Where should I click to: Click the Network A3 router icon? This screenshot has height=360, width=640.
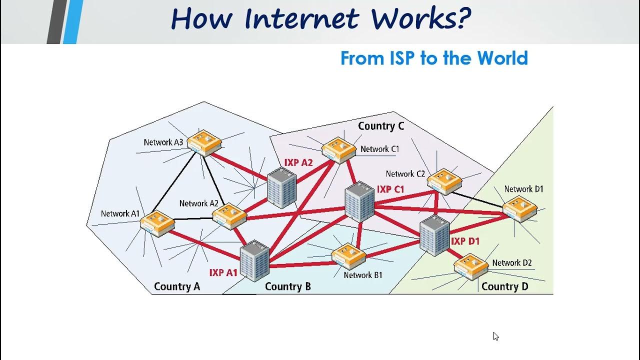pyautogui.click(x=204, y=143)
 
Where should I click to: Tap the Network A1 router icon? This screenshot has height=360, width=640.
pyautogui.click(x=157, y=223)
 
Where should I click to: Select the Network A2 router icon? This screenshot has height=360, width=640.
pyautogui.click(x=229, y=216)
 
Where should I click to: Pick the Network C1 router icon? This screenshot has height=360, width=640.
pyautogui.click(x=339, y=149)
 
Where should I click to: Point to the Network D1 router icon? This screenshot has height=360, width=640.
pyautogui.click(x=519, y=209)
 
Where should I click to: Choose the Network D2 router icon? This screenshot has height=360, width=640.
pyautogui.click(x=471, y=266)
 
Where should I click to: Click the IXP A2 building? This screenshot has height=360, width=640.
pyautogui.click(x=282, y=188)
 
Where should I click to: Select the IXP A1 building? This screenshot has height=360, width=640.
pyautogui.click(x=255, y=261)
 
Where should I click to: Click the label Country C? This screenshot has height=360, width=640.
pyautogui.click(x=381, y=126)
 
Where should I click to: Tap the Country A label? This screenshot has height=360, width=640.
pyautogui.click(x=177, y=286)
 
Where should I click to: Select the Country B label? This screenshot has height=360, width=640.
pyautogui.click(x=288, y=286)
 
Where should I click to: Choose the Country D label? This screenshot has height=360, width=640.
pyautogui.click(x=504, y=286)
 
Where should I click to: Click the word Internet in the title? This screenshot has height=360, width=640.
pyautogui.click(x=301, y=19)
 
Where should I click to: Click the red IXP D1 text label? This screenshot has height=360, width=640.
pyautogui.click(x=465, y=241)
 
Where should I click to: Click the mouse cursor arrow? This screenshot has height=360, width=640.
pyautogui.click(x=495, y=336)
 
